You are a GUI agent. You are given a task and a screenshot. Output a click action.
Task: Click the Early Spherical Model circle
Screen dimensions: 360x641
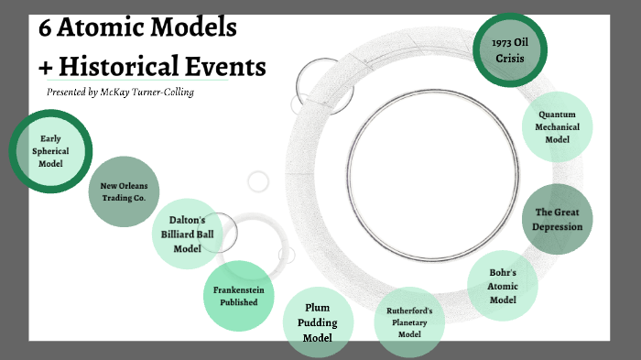tap(50, 151)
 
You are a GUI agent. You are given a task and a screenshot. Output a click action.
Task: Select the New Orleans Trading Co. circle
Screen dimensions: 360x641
tap(124, 191)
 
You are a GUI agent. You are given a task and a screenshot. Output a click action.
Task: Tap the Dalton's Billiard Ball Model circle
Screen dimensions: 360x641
tap(187, 235)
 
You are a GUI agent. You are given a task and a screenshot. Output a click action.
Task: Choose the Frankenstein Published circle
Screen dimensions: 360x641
tap(236, 296)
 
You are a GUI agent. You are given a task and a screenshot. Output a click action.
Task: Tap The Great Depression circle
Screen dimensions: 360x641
tap(558, 220)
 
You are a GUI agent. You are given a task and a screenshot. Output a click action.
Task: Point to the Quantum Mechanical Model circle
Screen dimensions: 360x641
tap(556, 126)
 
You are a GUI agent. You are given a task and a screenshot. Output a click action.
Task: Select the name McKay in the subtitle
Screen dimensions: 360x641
tap(113, 93)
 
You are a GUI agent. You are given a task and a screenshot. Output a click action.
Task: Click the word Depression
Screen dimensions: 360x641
tap(558, 226)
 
